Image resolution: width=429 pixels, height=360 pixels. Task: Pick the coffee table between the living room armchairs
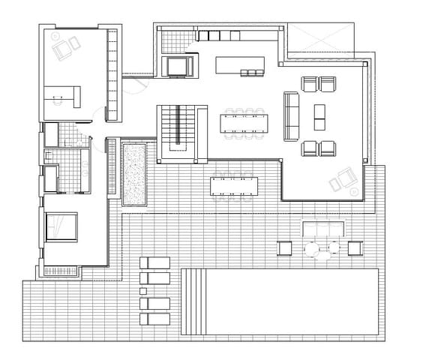(x=319, y=115)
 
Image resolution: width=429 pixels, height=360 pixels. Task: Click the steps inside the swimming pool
(x=193, y=301)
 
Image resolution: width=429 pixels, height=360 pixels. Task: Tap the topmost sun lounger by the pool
(x=154, y=262)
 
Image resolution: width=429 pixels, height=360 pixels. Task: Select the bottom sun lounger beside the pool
(x=154, y=319)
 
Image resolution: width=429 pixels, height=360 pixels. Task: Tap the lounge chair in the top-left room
(x=65, y=46)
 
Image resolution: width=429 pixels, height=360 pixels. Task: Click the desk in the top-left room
(x=61, y=95)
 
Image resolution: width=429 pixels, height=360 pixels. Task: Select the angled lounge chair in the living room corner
(x=344, y=180)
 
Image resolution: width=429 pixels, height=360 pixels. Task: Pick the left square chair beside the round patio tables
(x=285, y=247)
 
